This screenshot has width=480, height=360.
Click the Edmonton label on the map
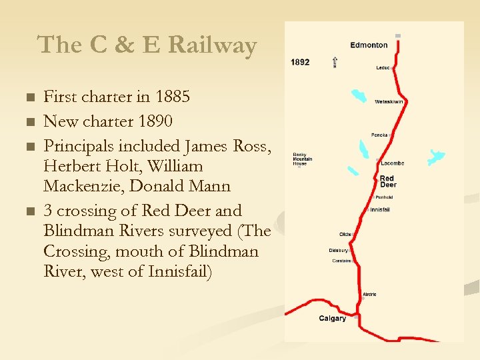(x=369, y=45)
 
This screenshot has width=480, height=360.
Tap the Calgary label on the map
(x=332, y=319)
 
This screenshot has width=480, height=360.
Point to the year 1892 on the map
(x=300, y=62)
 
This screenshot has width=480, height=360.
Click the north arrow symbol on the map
(x=335, y=62)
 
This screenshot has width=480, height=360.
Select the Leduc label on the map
(x=383, y=67)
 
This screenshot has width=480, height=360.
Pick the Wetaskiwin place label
(x=389, y=102)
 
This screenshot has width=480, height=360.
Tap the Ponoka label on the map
(x=379, y=135)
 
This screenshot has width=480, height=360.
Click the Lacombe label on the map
(x=392, y=163)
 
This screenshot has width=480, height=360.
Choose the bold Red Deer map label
(x=387, y=181)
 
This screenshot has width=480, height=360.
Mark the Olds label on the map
(x=345, y=235)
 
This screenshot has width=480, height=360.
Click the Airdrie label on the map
(x=369, y=294)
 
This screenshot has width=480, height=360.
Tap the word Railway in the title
(x=213, y=45)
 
